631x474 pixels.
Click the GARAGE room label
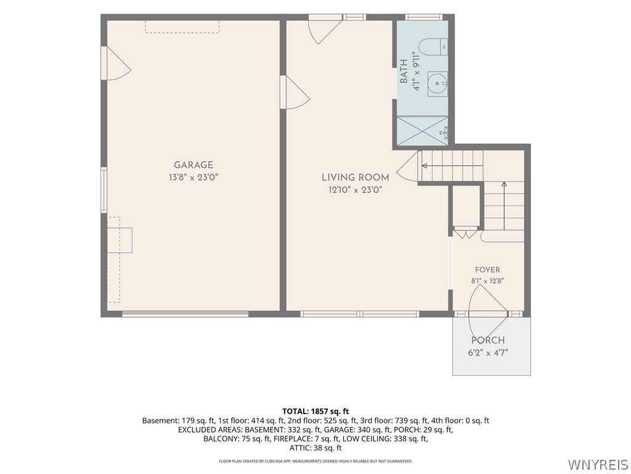[x=193, y=165]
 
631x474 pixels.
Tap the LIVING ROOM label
[x=356, y=177]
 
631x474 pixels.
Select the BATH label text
[x=404, y=72]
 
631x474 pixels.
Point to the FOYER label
[x=487, y=270]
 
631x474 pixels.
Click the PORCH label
[x=488, y=340]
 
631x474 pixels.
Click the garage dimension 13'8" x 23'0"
[x=193, y=177]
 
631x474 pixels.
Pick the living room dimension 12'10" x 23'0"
[x=356, y=190]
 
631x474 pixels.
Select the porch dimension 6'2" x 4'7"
[x=488, y=352]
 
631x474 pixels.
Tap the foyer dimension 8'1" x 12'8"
[x=487, y=281]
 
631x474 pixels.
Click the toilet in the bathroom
[x=433, y=47]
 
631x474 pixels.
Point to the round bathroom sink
[x=437, y=84]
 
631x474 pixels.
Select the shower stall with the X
[x=423, y=130]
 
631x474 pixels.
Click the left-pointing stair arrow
[x=452, y=165]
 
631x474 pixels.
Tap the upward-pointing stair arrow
[x=504, y=205]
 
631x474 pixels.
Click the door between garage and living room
[x=295, y=93]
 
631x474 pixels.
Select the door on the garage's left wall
[x=116, y=64]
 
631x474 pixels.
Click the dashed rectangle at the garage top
[x=182, y=27]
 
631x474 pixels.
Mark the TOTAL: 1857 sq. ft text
[x=315, y=412]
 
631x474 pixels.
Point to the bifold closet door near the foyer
[x=466, y=234]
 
